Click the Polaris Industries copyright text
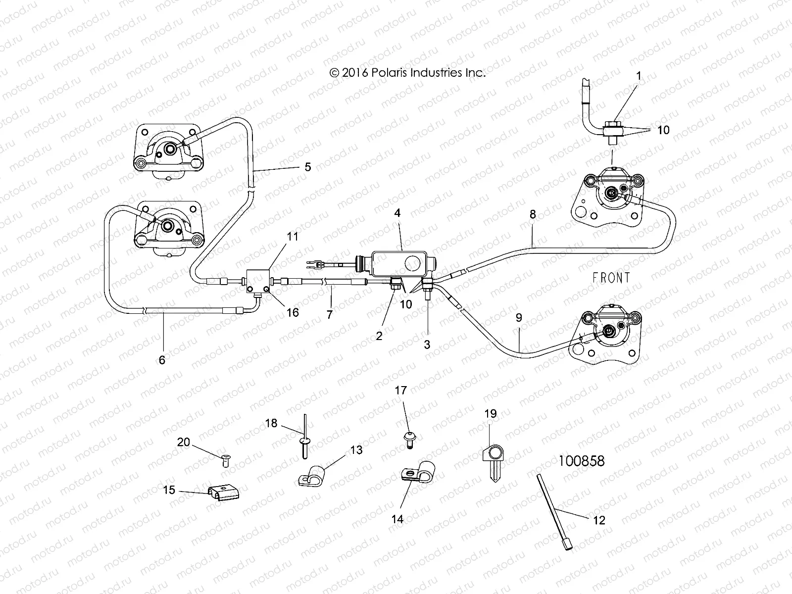pos(407,73)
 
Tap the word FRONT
pos(611,278)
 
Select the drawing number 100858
pos(582,461)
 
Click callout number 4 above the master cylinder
pos(397,213)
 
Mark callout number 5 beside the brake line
pos(307,167)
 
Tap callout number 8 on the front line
pos(533,214)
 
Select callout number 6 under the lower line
pos(162,360)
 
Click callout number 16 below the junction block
pos(293,313)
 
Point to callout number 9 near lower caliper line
pos(519,318)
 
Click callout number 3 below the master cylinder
pos(427,344)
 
